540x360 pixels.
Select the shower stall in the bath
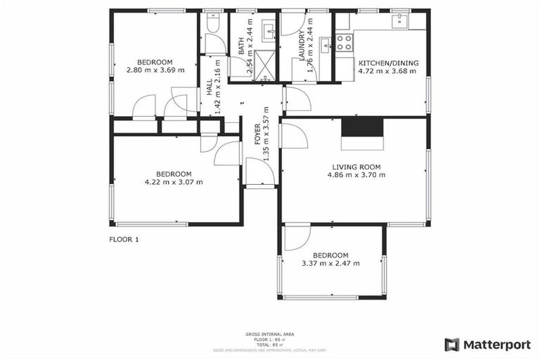(261, 64)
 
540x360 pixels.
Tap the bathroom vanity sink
(268, 32)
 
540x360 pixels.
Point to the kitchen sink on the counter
(402, 20)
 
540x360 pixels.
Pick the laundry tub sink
(326, 46)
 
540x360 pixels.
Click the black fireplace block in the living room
(363, 127)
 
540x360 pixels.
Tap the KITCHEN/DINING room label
(388, 63)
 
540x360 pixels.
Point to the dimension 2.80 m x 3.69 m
(155, 70)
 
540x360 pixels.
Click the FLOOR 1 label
(124, 239)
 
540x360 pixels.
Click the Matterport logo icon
(452, 345)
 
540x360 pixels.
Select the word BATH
(241, 47)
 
